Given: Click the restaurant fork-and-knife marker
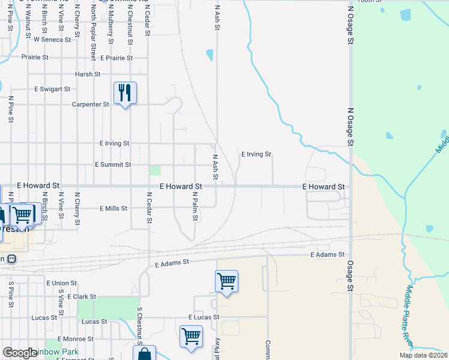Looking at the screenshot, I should coord(125,93).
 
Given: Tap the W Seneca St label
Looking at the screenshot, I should coord(52,40).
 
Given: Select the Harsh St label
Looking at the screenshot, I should coord(88,74).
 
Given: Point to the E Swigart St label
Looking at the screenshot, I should coord(52,89).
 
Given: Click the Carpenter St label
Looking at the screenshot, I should coord(90,104).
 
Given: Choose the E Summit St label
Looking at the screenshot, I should coord(113,164).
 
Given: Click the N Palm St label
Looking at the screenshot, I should coord(195,206).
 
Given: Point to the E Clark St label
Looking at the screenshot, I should coord(82,296).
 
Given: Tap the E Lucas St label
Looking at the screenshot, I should coord(204,317).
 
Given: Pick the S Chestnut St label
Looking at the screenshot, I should coord(139,327).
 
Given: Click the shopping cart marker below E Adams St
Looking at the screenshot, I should coord(226,281).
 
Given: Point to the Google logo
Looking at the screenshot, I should coord(19,353).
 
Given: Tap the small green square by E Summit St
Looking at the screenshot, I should coord(155,170).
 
